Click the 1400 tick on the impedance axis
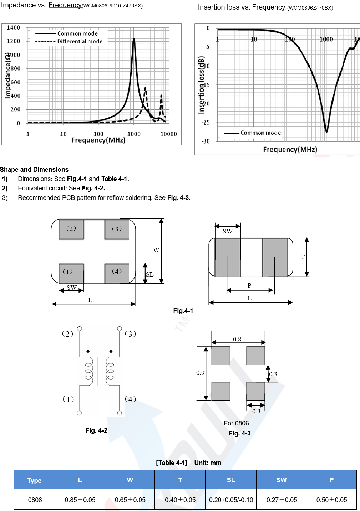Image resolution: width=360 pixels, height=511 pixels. pyautogui.click(x=14, y=28)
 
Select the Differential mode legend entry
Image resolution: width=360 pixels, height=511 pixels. pyautogui.click(x=80, y=41)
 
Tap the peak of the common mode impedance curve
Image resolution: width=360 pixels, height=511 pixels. pyautogui.click(x=134, y=39)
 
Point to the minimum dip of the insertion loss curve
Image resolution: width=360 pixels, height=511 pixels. pyautogui.click(x=326, y=131)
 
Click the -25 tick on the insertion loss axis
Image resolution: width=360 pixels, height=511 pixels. pyautogui.click(x=206, y=123)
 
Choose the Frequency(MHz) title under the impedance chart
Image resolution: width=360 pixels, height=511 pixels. pyautogui.click(x=98, y=140)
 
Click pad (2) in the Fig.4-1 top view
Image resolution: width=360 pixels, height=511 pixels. pyautogui.click(x=71, y=229)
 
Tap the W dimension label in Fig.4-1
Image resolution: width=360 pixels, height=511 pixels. pyautogui.click(x=156, y=250)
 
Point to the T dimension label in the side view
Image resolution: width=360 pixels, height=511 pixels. pyautogui.click(x=303, y=257)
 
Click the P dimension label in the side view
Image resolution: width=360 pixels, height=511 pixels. pyautogui.click(x=249, y=285)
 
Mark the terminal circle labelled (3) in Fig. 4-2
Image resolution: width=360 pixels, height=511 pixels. pyautogui.click(x=120, y=329)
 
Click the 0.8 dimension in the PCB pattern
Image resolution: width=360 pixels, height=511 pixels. pyautogui.click(x=237, y=339)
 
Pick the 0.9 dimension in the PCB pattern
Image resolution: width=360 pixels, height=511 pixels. pyautogui.click(x=200, y=373)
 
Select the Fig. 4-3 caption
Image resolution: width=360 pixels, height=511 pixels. pyautogui.click(x=239, y=433)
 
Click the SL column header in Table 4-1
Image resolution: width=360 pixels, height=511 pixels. pyautogui.click(x=231, y=480)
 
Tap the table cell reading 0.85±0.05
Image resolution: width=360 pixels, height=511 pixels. pyautogui.click(x=80, y=500)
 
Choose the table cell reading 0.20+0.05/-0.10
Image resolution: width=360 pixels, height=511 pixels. pyautogui.click(x=231, y=500)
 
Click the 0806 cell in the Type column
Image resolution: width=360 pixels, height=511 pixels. pyautogui.click(x=35, y=500)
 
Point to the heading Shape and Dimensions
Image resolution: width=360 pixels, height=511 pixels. pyautogui.click(x=34, y=170)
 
